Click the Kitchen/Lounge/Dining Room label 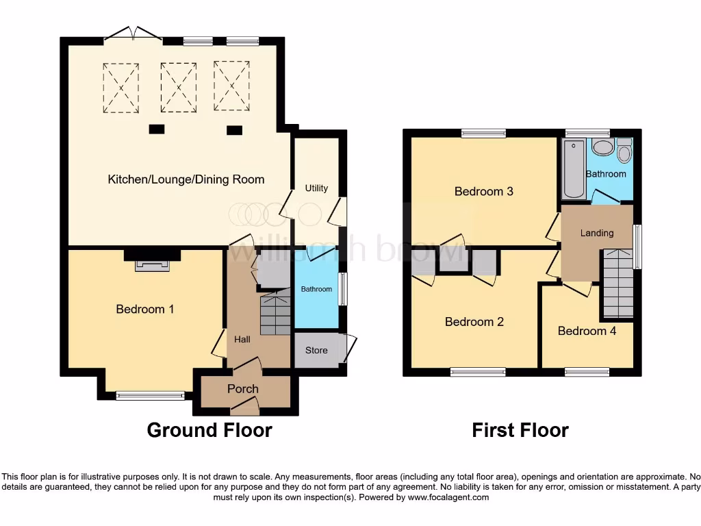[186, 179]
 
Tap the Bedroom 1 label [144, 309]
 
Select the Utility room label [316, 188]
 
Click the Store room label [316, 351]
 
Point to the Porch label [242, 389]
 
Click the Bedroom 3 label [483, 192]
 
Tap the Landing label [597, 233]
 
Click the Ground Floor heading [209, 430]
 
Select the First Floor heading [520, 430]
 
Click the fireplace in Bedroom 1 [152, 265]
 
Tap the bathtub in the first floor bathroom [573, 168]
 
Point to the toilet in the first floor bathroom [624, 151]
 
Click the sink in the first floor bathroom [602, 147]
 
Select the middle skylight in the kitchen [178, 87]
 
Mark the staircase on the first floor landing [617, 284]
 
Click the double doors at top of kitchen [133, 34]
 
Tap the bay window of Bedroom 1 [150, 395]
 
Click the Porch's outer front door [245, 409]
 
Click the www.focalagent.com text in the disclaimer [448, 497]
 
